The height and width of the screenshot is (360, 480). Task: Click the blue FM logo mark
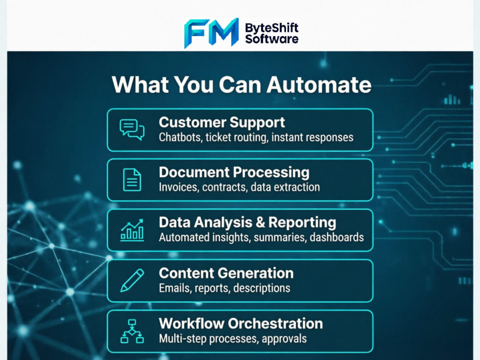pos(211,33)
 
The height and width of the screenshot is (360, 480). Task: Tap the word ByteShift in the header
pos(272,28)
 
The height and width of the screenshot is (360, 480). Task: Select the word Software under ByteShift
pos(272,39)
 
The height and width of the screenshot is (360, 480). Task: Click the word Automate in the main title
pos(319,84)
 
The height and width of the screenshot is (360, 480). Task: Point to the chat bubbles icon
pos(132,130)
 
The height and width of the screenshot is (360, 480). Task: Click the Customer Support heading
pos(222,123)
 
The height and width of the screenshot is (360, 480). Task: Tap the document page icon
pos(132,180)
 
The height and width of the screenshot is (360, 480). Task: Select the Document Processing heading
pos(234,173)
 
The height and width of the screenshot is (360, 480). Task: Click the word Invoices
pos(179,187)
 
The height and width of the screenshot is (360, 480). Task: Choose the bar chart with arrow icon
pos(132,230)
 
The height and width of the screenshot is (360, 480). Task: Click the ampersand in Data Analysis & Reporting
pos(260,223)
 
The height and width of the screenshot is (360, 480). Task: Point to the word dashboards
pos(336,237)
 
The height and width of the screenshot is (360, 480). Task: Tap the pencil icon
pos(132,280)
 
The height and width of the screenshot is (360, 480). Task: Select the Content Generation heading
pos(226,273)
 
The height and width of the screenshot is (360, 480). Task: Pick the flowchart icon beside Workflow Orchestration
pos(132,331)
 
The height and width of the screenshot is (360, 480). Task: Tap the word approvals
pos(284,339)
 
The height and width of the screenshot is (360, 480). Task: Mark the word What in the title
pos(140,84)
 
